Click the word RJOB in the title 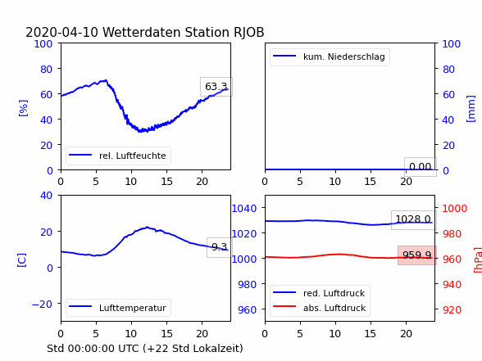coord(248,32)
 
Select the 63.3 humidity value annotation coord(216,87)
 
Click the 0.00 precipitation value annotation coord(421,167)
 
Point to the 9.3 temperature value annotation coord(219,247)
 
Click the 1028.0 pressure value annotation coord(413,219)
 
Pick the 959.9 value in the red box coord(417,255)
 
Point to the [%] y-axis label coord(23,108)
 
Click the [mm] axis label coord(471,109)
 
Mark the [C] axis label coord(21,260)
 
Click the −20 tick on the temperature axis coord(42,305)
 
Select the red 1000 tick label coord(455,209)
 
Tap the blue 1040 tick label coord(244,209)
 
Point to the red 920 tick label coord(452,309)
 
